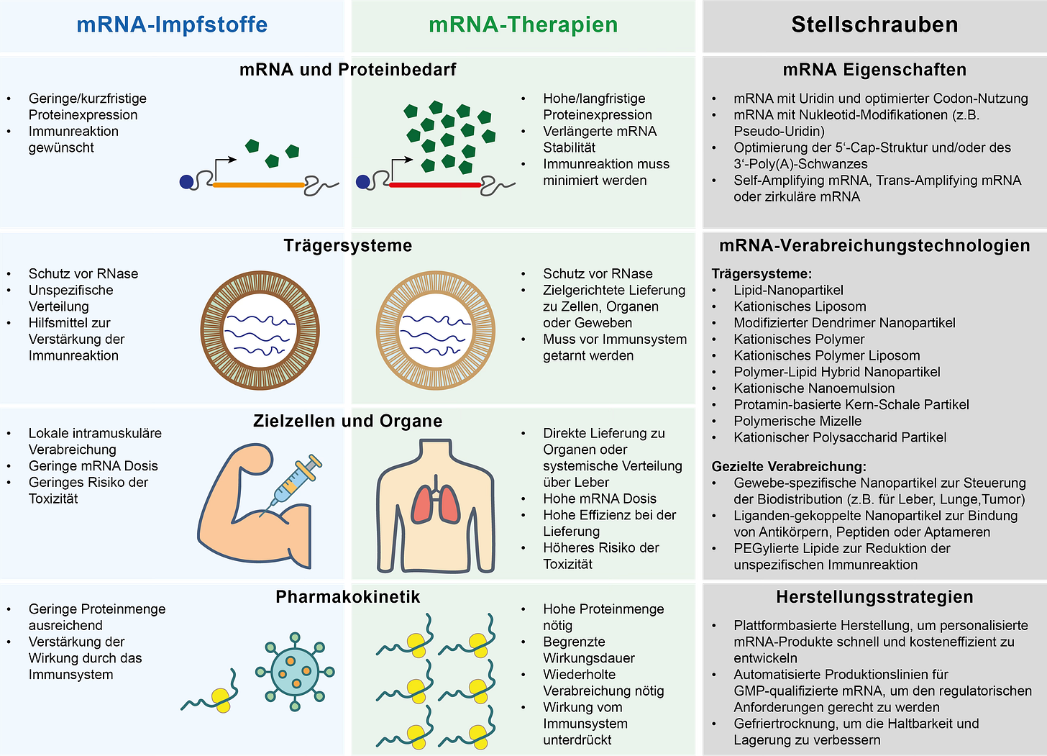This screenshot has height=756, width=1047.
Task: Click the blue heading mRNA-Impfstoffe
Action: [172, 24]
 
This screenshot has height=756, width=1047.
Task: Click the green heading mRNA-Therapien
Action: [523, 24]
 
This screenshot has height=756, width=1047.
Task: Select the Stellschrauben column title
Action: [874, 24]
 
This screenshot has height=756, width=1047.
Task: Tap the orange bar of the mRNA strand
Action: [259, 185]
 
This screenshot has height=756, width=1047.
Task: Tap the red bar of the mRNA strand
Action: [435, 185]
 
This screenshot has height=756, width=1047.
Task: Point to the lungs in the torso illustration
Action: [436, 504]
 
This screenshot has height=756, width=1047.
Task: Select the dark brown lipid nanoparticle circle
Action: [260, 331]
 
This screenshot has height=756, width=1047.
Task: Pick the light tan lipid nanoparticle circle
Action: [436, 331]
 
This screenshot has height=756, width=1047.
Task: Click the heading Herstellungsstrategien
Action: [874, 597]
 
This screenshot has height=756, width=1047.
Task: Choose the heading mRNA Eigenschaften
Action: [874, 70]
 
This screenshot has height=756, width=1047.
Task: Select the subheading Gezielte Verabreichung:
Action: [789, 466]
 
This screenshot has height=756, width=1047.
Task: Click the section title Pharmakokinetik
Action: [347, 597]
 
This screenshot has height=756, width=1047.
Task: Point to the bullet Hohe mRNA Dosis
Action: [599, 498]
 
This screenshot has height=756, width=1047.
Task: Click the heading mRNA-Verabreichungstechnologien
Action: [874, 245]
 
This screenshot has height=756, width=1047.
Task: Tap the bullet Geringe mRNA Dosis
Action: [93, 465]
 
